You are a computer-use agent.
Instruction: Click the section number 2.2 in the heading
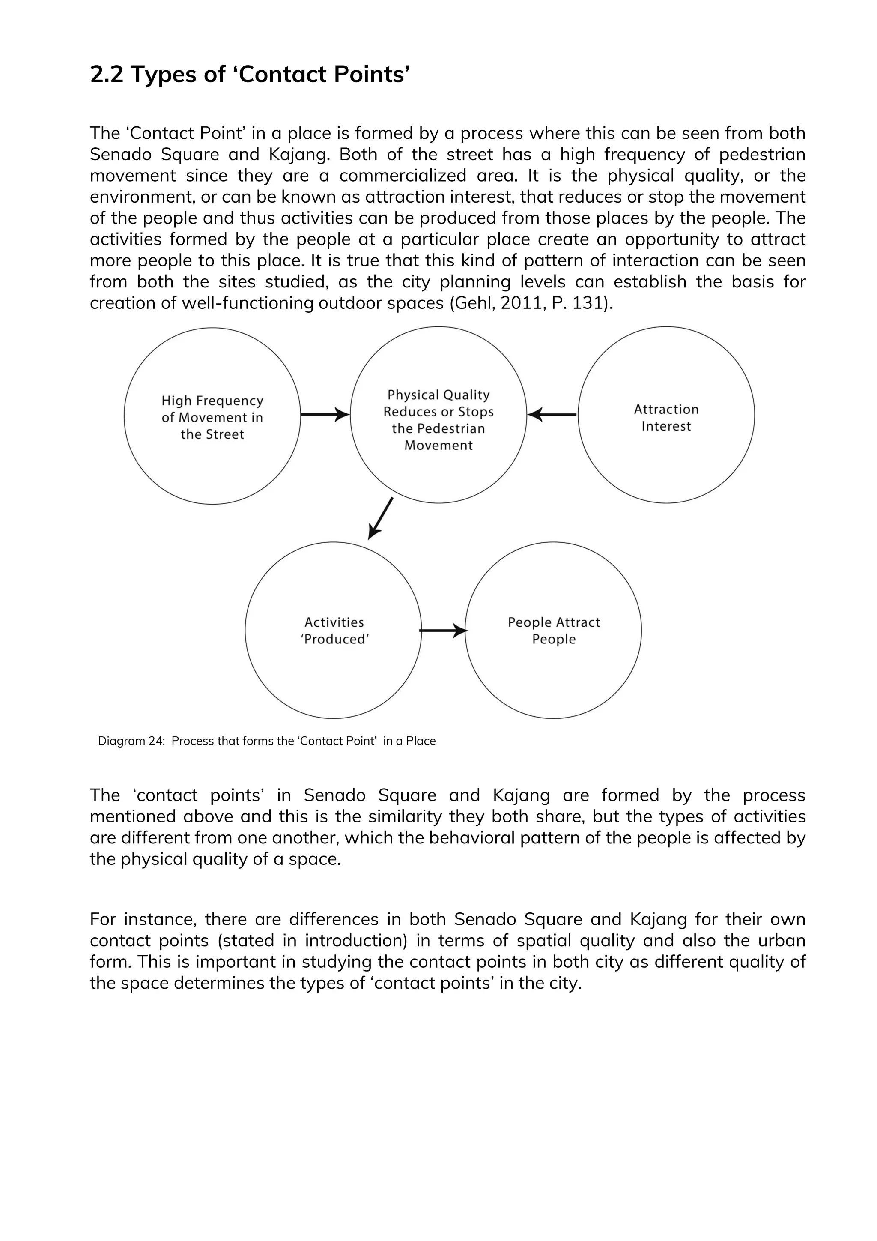[x=107, y=75]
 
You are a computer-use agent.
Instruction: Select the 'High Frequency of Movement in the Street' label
[x=212, y=417]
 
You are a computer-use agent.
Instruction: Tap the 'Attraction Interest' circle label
[x=666, y=417]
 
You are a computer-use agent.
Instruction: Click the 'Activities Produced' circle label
[x=334, y=630]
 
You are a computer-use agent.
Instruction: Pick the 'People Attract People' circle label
[x=554, y=630]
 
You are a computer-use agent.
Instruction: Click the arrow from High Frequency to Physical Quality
[x=325, y=415]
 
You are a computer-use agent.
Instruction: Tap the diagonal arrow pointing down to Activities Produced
[x=380, y=519]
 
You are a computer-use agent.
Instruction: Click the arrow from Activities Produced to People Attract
[x=443, y=630]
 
